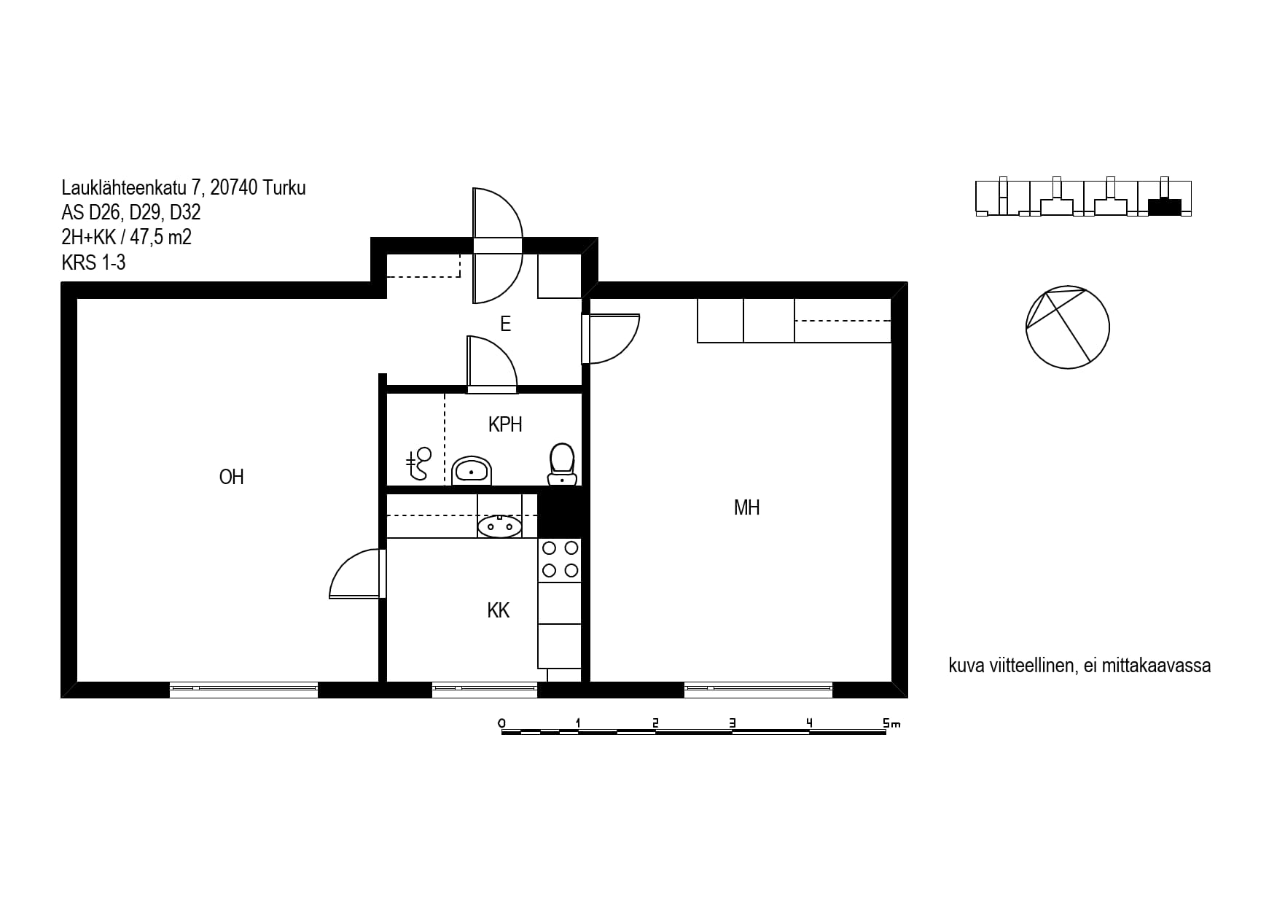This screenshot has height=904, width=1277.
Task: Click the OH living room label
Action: pyautogui.click(x=231, y=477)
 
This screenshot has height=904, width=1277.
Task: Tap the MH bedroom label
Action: pyautogui.click(x=746, y=507)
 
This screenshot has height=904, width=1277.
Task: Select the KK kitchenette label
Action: pyautogui.click(x=499, y=610)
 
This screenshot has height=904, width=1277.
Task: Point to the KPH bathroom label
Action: pyautogui.click(x=505, y=424)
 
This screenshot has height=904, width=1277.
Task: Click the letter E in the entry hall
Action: pyautogui.click(x=505, y=324)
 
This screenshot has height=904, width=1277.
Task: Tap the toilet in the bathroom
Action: pyautogui.click(x=562, y=464)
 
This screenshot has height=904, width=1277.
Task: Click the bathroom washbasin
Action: pyautogui.click(x=472, y=471)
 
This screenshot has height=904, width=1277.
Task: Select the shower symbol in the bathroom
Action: pyautogui.click(x=419, y=464)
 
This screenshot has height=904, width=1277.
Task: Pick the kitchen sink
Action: pyautogui.click(x=499, y=526)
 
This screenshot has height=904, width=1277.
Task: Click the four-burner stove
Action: pyautogui.click(x=560, y=560)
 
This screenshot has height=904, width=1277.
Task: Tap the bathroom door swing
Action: pyautogui.click(x=492, y=363)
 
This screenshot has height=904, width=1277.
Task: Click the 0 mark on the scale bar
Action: pyautogui.click(x=501, y=723)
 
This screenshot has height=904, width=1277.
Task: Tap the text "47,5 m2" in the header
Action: pyautogui.click(x=161, y=237)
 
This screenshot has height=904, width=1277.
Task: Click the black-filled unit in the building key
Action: pyautogui.click(x=1164, y=207)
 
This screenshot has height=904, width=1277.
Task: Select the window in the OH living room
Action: pyautogui.click(x=243, y=689)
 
